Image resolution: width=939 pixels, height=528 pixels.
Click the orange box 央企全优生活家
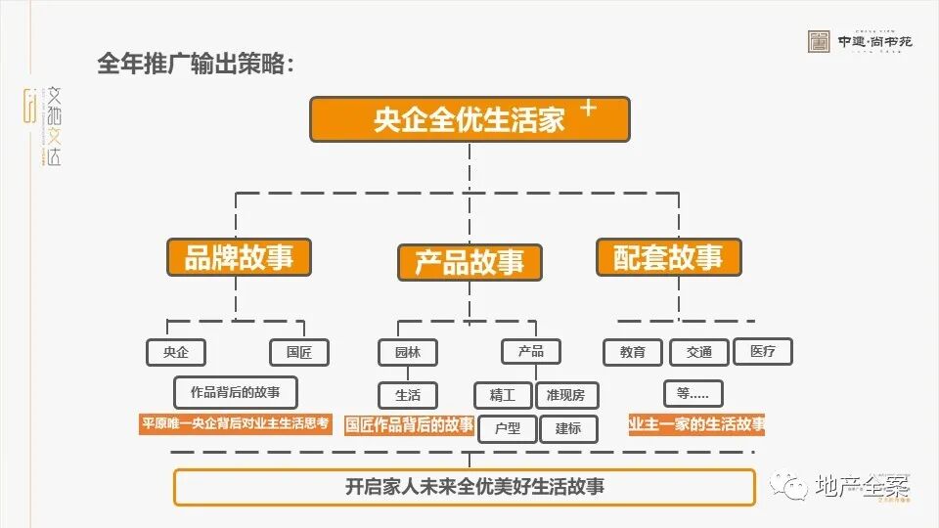click(x=469, y=120)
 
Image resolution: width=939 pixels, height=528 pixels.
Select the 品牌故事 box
click(x=239, y=258)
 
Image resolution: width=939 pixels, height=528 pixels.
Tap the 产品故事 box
click(x=469, y=262)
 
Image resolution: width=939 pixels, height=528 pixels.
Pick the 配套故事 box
click(x=669, y=257)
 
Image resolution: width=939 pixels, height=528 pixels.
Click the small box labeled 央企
click(x=176, y=352)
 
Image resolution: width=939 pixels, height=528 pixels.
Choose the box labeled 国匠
click(x=299, y=352)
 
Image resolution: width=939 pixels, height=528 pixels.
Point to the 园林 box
click(x=408, y=352)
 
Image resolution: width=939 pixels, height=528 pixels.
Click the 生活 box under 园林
click(x=408, y=395)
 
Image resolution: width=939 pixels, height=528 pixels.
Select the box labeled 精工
click(x=503, y=395)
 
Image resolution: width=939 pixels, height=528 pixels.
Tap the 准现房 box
click(x=566, y=395)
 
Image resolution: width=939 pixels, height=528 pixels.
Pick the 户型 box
click(x=508, y=428)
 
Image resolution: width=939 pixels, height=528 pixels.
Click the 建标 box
click(x=568, y=428)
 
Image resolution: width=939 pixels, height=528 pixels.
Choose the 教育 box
click(x=633, y=352)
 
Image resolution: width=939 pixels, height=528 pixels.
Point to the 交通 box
click(x=698, y=352)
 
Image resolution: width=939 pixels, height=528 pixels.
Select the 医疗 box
click(x=762, y=351)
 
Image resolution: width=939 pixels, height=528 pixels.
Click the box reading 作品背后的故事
click(x=235, y=392)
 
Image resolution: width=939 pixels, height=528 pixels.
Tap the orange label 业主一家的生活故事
click(x=696, y=424)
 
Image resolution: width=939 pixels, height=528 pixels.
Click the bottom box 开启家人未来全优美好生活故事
click(x=464, y=486)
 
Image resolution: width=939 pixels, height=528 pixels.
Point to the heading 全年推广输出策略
click(x=196, y=65)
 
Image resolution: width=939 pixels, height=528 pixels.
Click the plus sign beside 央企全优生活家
click(x=588, y=109)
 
